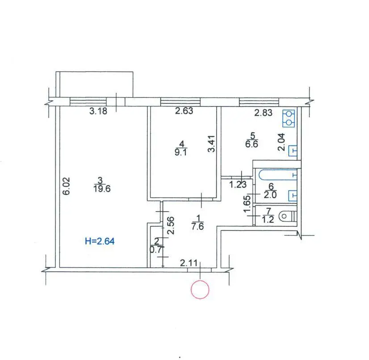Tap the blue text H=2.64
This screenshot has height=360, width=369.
tap(100, 241)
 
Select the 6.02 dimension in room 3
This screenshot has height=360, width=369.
tap(67, 186)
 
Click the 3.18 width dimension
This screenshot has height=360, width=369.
tap(98, 111)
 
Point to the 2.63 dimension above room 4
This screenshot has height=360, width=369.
tap(184, 111)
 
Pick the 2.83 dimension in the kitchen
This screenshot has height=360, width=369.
tap(263, 113)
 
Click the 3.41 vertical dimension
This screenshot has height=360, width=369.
tap(212, 144)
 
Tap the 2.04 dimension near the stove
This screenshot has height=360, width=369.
tap(281, 142)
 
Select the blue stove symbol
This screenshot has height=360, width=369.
tap(289, 119)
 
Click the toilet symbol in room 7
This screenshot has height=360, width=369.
tap(287, 216)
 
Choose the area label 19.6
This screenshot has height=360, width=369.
tap(102, 189)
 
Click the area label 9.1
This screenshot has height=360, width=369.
tap(181, 152)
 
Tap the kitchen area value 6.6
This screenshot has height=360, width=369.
tap(252, 144)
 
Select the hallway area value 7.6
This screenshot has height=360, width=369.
tap(197, 226)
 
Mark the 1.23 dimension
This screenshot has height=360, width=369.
tap(238, 185)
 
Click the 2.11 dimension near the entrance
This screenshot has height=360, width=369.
tap(189, 263)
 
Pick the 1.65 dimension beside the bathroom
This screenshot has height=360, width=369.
tap(247, 204)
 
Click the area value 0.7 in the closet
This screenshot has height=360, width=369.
tap(156, 250)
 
